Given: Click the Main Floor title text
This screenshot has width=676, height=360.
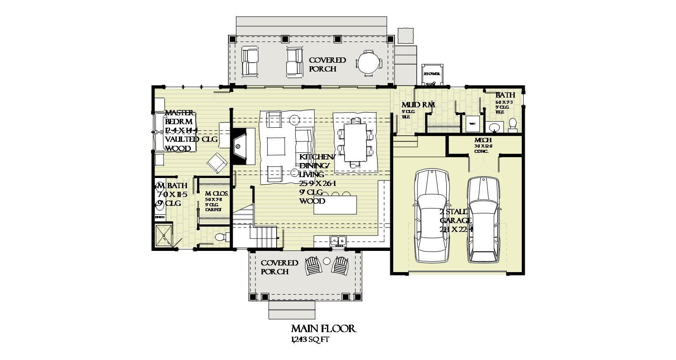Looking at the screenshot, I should tap(323, 329).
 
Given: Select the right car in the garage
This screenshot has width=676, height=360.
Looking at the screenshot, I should tap(485, 220).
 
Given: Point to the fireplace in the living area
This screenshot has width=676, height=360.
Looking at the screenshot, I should tap(243, 146).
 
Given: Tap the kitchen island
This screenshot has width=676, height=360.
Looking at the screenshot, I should tap(335, 205).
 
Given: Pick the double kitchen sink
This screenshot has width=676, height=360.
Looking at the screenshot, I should tap(338, 241).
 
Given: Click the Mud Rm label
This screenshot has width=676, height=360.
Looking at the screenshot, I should tap(418, 105).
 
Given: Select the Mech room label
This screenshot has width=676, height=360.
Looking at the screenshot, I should tap(483, 140).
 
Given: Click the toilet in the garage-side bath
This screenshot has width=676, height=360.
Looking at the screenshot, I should tap(513, 125).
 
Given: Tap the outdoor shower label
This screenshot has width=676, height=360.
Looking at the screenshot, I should tap(431, 74).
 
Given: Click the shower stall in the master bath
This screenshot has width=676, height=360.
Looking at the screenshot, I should tap(163, 236).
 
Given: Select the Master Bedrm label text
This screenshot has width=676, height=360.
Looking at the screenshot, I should tap(179, 117).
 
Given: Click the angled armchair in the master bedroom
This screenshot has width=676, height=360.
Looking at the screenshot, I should tap(217, 163).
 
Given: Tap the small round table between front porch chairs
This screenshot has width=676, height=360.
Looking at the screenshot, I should tap(327, 261).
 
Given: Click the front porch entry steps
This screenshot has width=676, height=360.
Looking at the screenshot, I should tap(292, 309).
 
